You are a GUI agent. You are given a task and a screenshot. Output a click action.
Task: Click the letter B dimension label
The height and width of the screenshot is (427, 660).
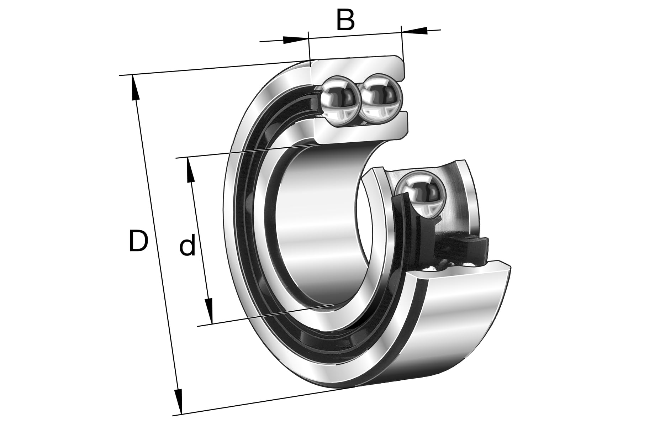tap(345, 20)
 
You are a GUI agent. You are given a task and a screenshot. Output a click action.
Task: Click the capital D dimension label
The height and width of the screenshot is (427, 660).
tap(138, 241)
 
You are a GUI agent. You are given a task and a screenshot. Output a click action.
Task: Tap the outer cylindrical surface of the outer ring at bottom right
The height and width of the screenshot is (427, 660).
tap(463, 320)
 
